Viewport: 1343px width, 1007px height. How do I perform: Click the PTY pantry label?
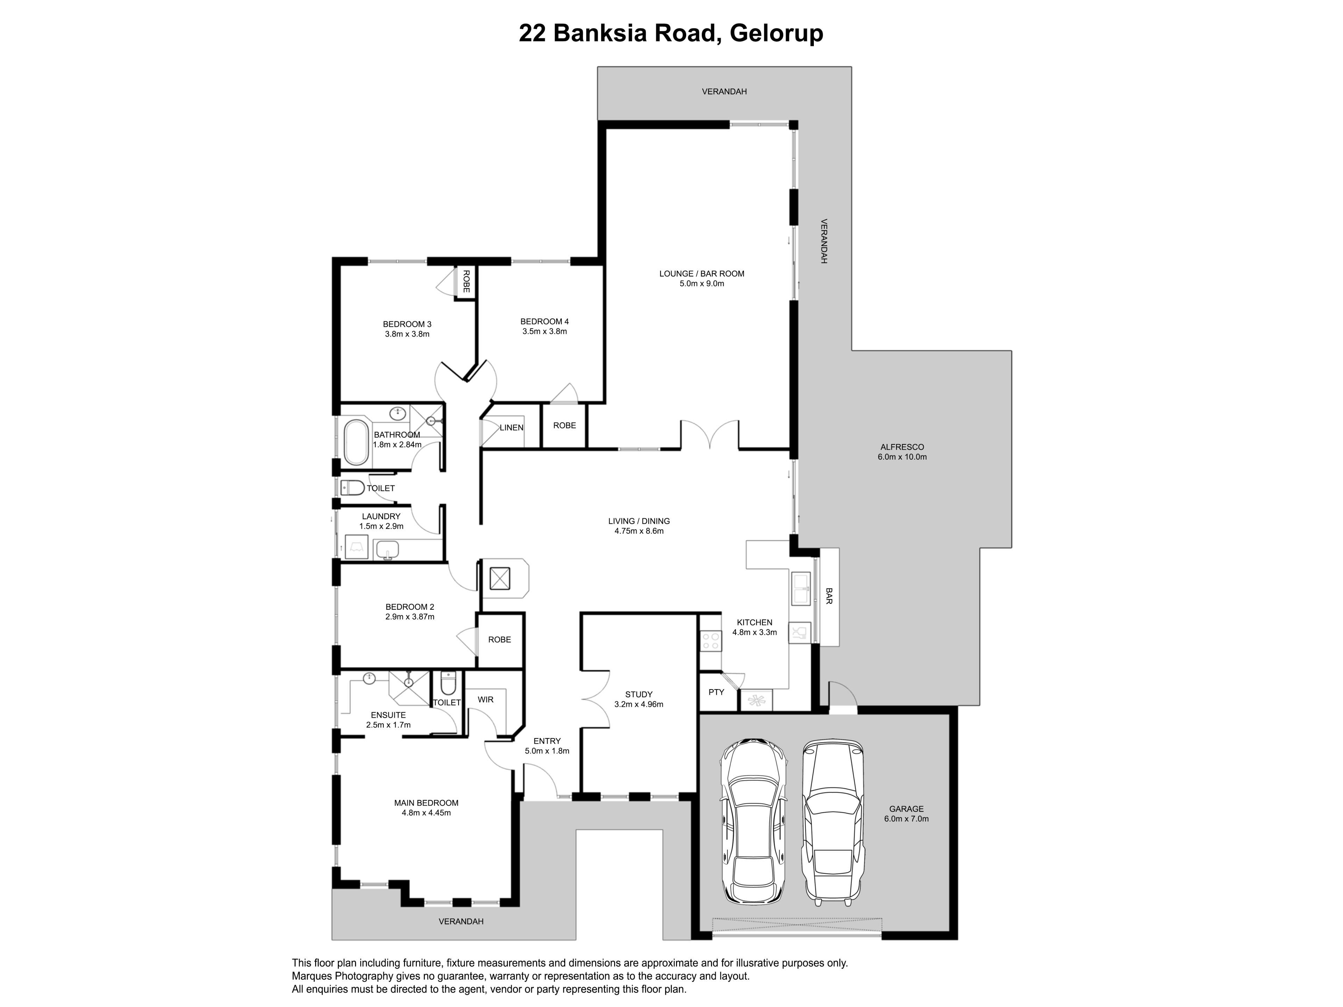(x=716, y=692)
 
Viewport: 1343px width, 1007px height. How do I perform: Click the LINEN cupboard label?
(x=511, y=427)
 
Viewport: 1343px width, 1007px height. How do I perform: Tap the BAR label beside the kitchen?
(x=829, y=595)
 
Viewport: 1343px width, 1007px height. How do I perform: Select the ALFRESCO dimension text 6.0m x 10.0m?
(x=902, y=457)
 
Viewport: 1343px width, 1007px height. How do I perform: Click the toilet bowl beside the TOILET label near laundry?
(x=352, y=487)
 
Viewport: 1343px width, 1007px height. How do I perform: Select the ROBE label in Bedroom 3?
(x=466, y=281)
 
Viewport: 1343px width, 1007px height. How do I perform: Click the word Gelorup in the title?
(x=776, y=33)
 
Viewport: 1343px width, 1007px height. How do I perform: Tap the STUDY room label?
(x=639, y=694)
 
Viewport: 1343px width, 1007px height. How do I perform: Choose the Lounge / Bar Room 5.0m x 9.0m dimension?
(x=702, y=284)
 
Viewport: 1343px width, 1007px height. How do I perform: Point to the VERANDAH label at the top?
(x=724, y=92)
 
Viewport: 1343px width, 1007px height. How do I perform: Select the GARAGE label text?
(x=907, y=808)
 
